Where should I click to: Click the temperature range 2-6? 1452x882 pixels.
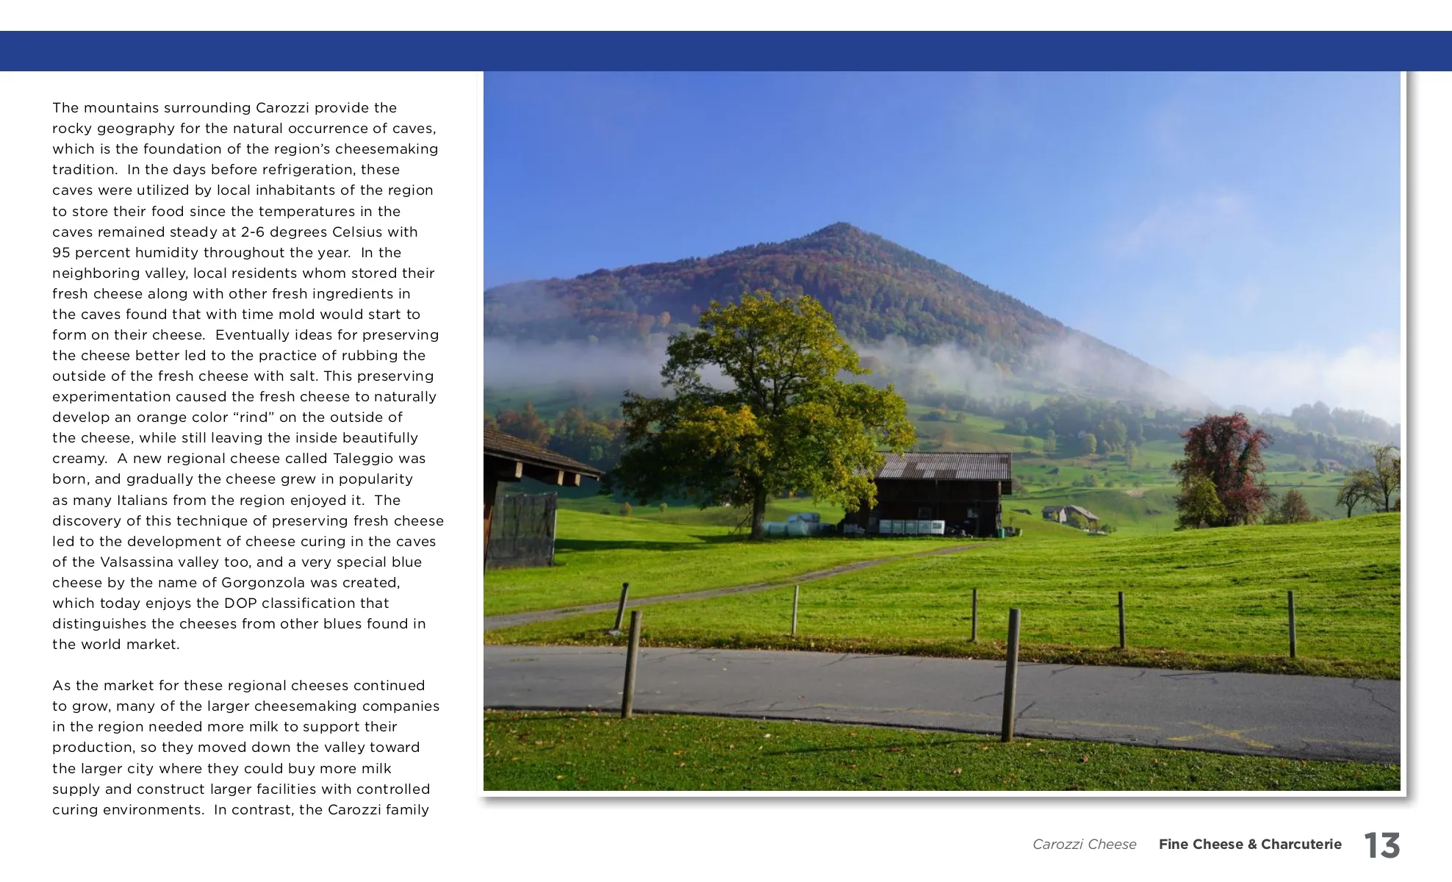254,232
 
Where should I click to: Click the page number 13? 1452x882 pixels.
1381,845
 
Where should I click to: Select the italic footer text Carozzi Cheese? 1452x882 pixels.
1084,845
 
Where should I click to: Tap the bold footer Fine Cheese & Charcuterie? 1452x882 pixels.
1250,845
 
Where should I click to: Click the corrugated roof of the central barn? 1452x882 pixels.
944,466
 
